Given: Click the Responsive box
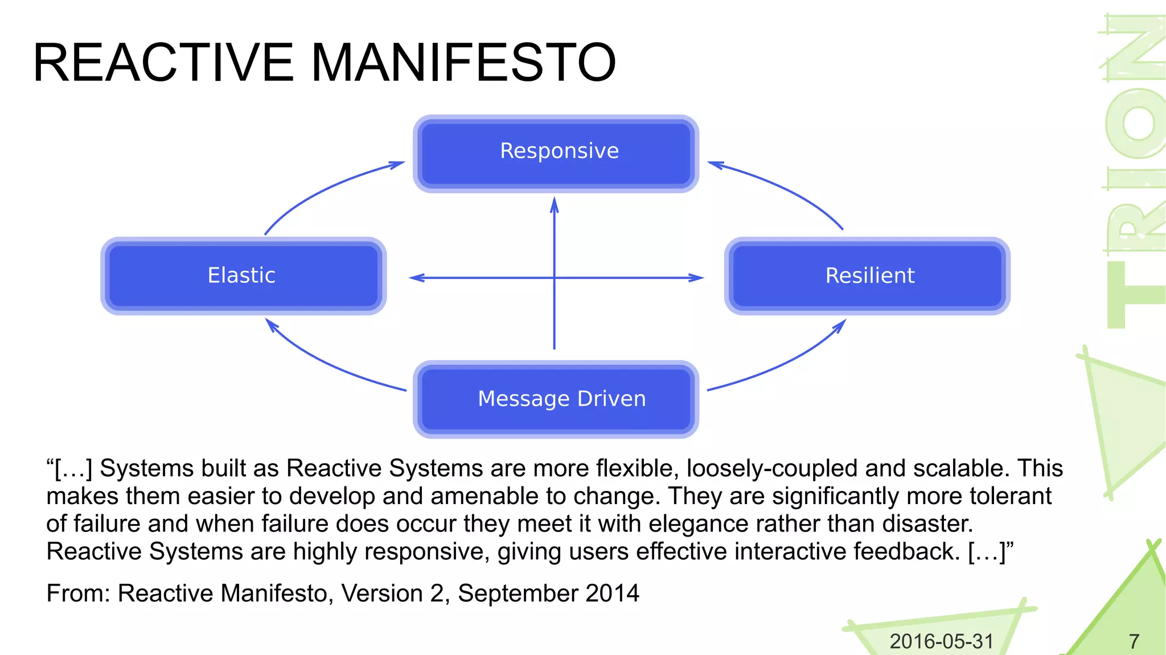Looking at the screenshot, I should [556, 153].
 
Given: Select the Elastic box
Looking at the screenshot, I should [243, 276].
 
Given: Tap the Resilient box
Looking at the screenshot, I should [867, 276].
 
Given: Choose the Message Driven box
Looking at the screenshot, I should [556, 399].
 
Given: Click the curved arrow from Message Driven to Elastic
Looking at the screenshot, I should [325, 365].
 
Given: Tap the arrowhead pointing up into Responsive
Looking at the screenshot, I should [554, 205].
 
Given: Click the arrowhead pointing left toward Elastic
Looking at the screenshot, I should [417, 278].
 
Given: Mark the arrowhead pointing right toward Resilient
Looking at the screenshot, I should [696, 278].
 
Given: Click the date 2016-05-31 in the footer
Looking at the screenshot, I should [941, 641].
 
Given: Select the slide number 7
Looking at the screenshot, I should [1134, 641].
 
